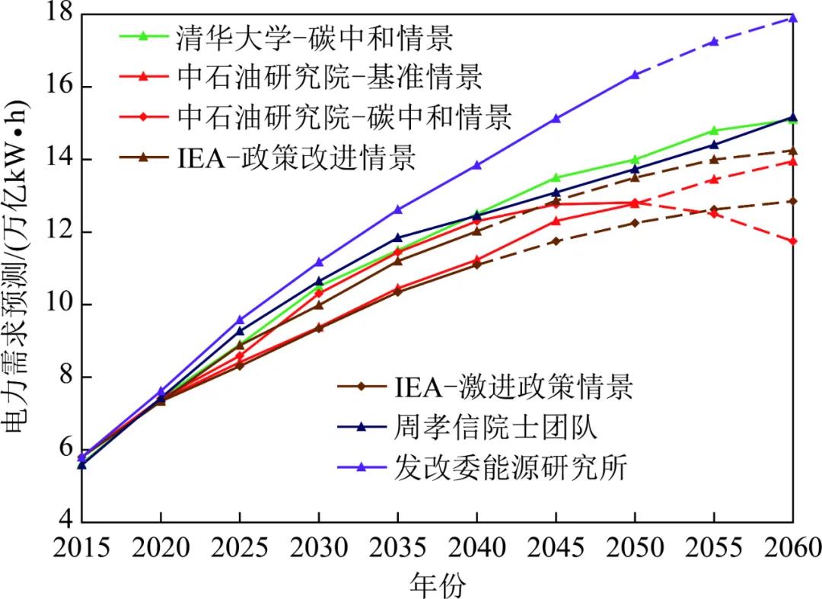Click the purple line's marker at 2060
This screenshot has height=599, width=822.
(x=793, y=18)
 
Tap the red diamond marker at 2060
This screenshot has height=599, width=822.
(x=793, y=241)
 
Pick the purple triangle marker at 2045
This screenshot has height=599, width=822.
(x=556, y=118)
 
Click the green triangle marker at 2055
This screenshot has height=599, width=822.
(x=714, y=131)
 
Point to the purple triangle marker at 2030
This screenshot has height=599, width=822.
(x=319, y=262)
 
